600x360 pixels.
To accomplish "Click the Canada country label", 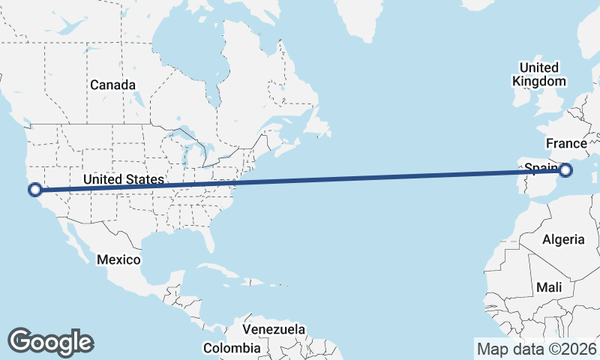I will [x=112, y=85].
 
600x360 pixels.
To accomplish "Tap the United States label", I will [x=123, y=179].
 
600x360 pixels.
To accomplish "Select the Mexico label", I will [x=118, y=259].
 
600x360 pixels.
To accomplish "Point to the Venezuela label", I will [x=274, y=329].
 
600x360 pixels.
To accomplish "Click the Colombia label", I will [x=232, y=348].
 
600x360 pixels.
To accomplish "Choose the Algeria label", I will [x=562, y=239].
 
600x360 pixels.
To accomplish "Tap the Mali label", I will [x=549, y=287].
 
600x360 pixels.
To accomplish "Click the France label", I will [x=565, y=143].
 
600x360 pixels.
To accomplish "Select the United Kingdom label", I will [x=538, y=73].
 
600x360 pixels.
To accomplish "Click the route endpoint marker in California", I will [x=34, y=189].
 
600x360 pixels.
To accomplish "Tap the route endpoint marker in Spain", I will [x=565, y=170].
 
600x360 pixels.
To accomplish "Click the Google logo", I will [x=50, y=342].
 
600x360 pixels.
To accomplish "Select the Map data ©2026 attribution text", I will [x=536, y=349].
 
